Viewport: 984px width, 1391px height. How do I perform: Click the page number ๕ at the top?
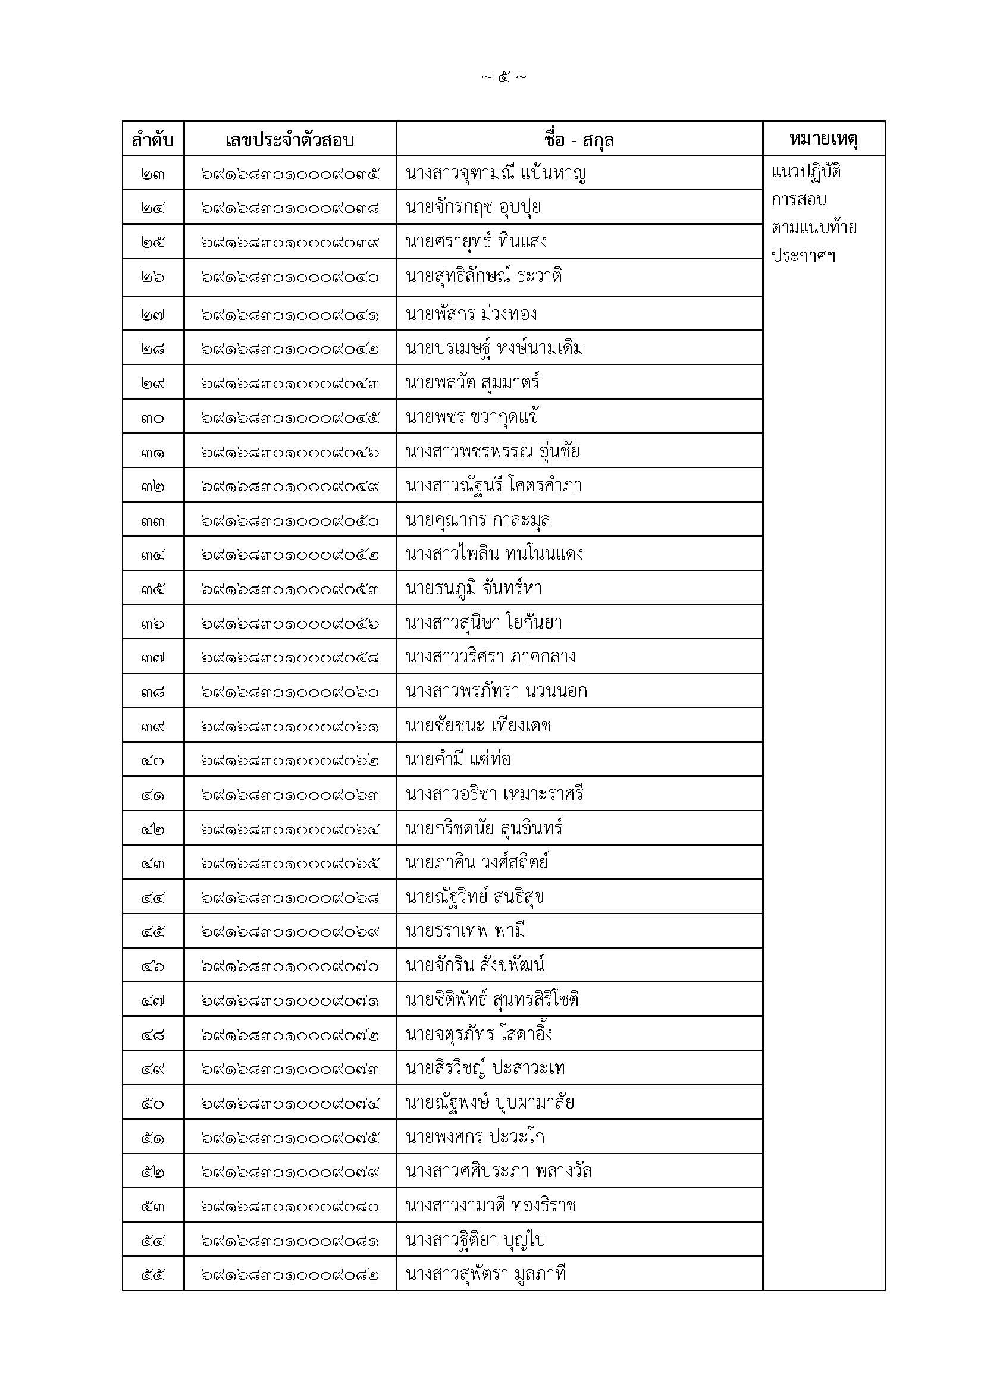[503, 77]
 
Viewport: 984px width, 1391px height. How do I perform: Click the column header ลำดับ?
[153, 140]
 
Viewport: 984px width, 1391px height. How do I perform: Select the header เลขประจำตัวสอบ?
[290, 140]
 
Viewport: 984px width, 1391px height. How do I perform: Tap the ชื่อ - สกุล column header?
[579, 140]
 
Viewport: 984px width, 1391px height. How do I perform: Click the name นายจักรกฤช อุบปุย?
[473, 208]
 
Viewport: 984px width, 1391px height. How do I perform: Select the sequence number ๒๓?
[153, 174]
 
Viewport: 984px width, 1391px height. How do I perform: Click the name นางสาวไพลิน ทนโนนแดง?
[494, 554]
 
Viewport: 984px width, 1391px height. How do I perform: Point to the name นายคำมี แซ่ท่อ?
[458, 759]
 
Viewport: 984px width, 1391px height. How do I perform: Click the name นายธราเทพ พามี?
[465, 931]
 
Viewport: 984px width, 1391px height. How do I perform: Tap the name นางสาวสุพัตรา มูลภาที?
[485, 1273]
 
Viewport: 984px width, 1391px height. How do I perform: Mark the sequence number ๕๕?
[153, 1274]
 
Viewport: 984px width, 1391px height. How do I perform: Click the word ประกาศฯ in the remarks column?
[803, 256]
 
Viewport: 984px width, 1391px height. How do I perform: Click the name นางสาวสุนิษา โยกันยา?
[484, 622]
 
